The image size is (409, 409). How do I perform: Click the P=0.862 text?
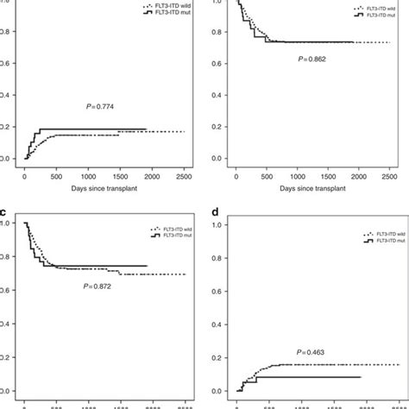coord(307,60)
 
